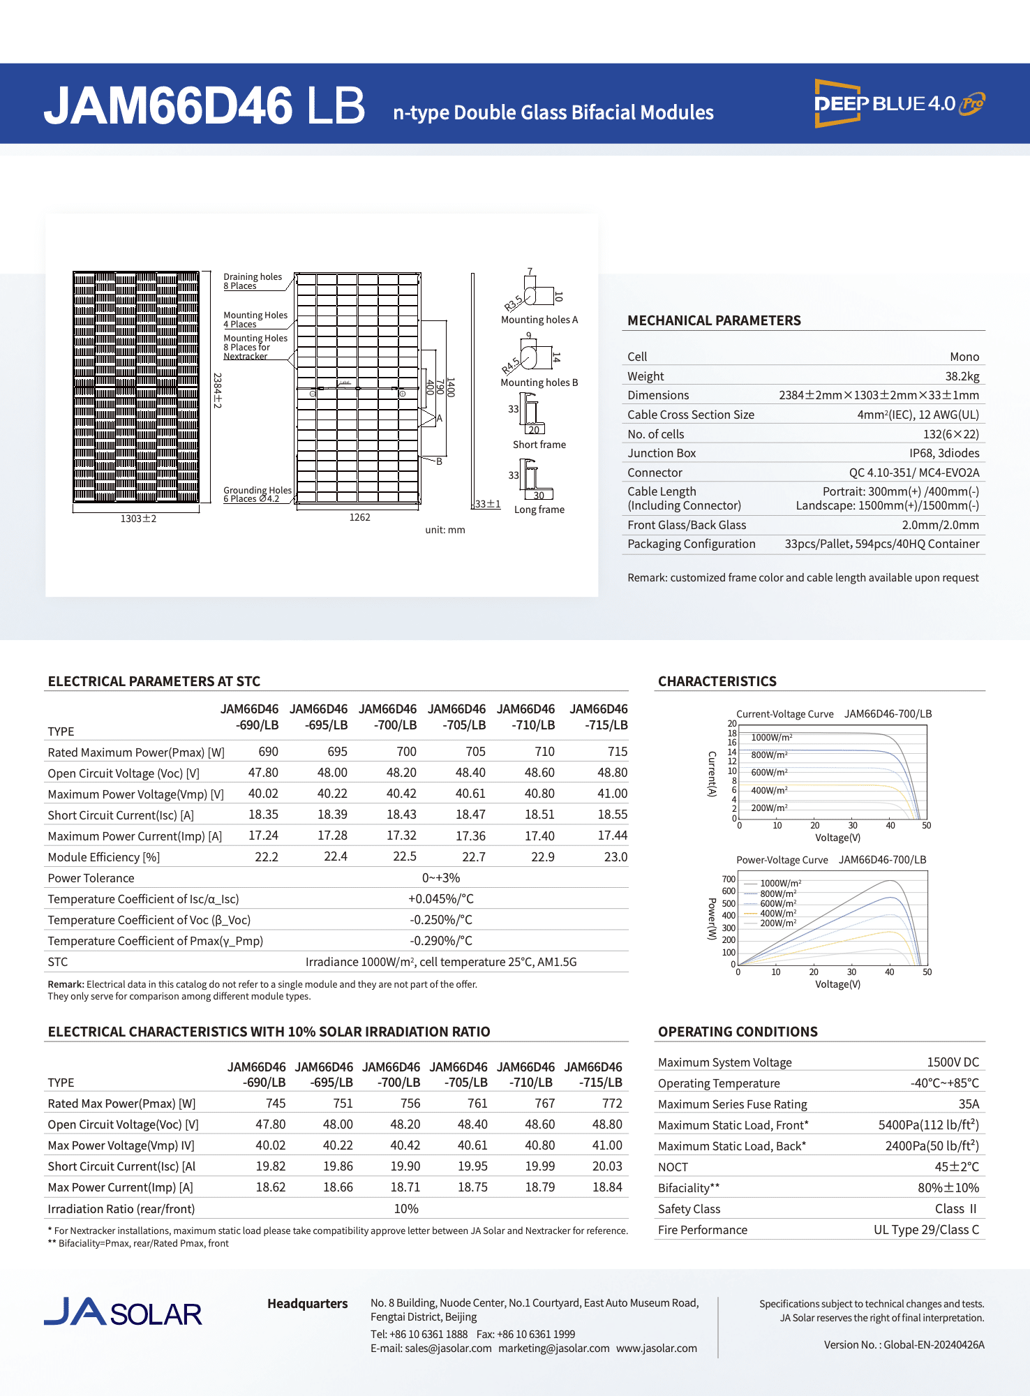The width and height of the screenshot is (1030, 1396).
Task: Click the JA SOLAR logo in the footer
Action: click(x=123, y=1313)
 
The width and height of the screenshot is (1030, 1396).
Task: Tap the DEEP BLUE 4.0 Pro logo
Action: click(x=899, y=103)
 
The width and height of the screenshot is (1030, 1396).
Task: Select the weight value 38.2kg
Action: click(x=962, y=376)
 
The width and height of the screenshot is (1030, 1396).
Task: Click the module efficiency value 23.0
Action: click(x=615, y=857)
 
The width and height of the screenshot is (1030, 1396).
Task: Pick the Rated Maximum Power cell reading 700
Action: click(x=406, y=752)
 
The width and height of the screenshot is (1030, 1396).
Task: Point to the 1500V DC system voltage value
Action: click(x=953, y=1062)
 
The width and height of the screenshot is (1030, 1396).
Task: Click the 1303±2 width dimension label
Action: click(x=138, y=519)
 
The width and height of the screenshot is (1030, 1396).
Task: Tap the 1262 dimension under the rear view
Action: click(x=359, y=517)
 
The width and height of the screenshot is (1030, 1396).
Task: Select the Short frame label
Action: click(x=539, y=445)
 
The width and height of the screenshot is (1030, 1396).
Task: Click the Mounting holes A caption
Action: click(x=539, y=320)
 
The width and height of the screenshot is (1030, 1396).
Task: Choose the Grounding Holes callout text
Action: click(x=257, y=494)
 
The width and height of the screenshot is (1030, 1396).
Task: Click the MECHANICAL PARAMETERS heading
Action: click(x=714, y=320)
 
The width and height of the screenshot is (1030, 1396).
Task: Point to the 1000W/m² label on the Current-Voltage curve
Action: click(x=771, y=738)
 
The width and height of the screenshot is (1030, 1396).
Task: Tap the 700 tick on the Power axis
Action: click(x=729, y=879)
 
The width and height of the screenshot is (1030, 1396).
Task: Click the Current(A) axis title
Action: click(x=712, y=773)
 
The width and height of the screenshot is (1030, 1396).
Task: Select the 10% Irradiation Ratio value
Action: click(x=406, y=1209)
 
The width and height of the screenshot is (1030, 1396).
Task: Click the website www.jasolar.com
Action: click(x=656, y=1349)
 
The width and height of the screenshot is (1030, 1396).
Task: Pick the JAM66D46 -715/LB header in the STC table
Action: click(x=598, y=717)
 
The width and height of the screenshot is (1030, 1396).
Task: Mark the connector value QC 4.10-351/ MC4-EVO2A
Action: click(x=913, y=473)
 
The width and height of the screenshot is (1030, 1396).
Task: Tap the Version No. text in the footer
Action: click(x=904, y=1345)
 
